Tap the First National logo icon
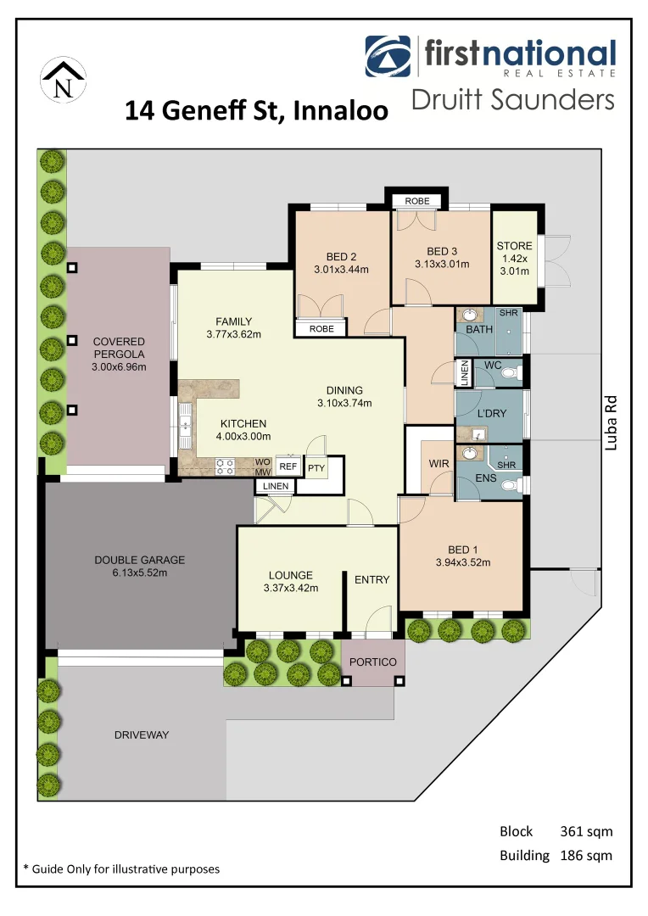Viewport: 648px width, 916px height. click(389, 57)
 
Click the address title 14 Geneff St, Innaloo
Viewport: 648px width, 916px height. click(256, 111)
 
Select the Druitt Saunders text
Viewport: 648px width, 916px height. click(512, 100)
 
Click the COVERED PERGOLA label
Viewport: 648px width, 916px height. click(119, 355)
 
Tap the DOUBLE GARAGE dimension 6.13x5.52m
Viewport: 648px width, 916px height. click(139, 573)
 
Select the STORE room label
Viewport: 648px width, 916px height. click(514, 246)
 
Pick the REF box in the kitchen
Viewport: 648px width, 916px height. click(288, 466)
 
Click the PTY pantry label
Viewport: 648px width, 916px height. click(316, 467)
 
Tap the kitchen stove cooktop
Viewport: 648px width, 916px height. click(226, 465)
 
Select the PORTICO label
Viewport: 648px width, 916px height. click(374, 662)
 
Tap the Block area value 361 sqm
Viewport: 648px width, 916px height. click(586, 831)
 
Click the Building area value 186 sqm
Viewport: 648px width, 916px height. click(586, 855)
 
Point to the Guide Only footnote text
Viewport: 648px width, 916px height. click(121, 869)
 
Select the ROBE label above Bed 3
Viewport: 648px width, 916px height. click(416, 201)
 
